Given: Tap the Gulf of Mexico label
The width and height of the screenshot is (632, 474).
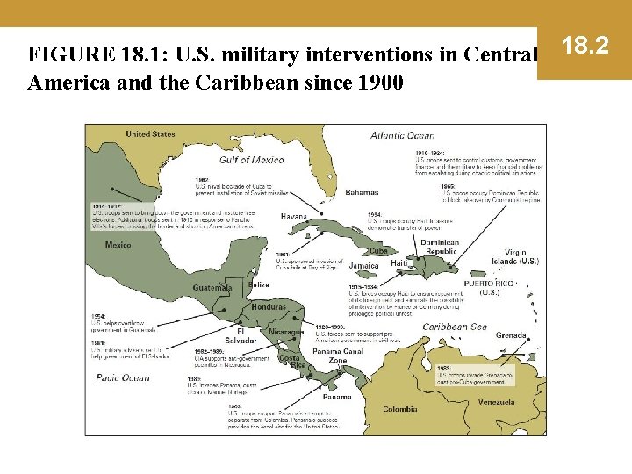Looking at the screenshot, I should (251, 160).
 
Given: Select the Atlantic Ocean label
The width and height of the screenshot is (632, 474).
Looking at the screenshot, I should (402, 136).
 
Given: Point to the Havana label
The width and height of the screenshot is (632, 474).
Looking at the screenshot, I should (293, 217).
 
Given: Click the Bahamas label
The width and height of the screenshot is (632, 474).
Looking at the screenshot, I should (362, 192).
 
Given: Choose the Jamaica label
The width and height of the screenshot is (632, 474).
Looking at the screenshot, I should (363, 265).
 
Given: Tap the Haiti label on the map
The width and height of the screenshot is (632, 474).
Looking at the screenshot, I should (399, 263).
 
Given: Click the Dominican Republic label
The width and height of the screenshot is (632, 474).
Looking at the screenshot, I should (440, 248).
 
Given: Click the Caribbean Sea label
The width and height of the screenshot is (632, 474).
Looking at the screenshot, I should (454, 327).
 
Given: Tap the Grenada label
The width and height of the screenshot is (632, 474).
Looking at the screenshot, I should (511, 335).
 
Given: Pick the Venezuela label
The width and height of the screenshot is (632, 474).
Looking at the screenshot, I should (496, 402).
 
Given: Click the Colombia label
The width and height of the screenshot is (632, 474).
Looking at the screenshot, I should (400, 409).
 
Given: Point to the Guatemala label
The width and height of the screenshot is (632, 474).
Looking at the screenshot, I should (212, 287).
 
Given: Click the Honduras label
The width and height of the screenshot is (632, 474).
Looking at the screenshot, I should (268, 306).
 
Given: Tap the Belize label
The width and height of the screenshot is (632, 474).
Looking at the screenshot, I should (258, 284).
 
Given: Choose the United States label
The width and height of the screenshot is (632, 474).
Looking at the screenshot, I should (150, 134).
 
